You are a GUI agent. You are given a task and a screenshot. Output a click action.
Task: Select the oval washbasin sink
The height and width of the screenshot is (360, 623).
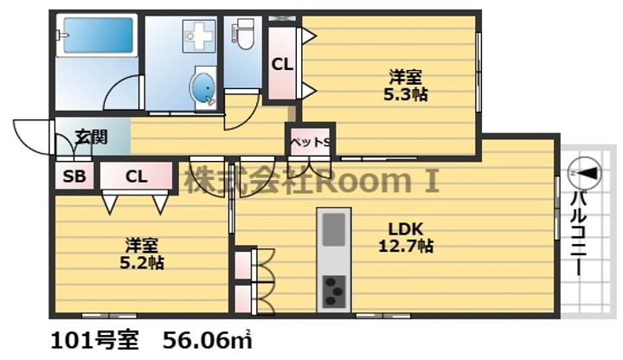point(205,88)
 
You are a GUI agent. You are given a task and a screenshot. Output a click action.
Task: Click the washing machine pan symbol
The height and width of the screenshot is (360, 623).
point(198,36)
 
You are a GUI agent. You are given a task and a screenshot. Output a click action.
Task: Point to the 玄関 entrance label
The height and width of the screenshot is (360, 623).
point(90,136)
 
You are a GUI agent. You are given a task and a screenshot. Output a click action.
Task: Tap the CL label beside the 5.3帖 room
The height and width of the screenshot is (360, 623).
point(281,63)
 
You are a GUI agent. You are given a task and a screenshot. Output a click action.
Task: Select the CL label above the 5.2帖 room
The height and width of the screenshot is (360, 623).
point(136,177)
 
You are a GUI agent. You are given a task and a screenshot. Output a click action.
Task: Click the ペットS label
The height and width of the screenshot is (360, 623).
point(309,142)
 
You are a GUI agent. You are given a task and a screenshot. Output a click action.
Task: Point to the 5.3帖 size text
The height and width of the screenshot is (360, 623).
point(405,94)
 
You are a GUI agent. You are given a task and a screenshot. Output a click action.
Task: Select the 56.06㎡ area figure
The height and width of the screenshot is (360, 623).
point(210,337)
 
